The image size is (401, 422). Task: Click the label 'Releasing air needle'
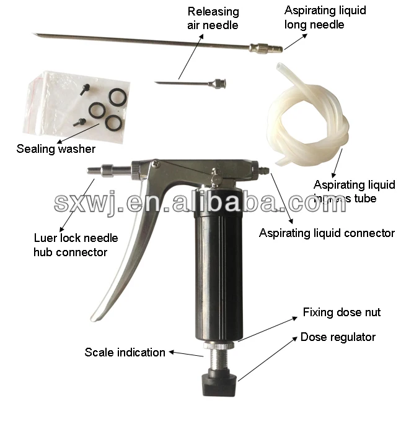(x=213, y=19)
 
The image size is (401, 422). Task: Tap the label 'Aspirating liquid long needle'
(x=325, y=17)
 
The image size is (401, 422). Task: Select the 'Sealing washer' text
(x=56, y=149)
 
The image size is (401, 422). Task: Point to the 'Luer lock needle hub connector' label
(x=75, y=244)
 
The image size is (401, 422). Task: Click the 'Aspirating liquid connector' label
(x=327, y=233)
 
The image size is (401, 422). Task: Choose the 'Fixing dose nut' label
(x=342, y=312)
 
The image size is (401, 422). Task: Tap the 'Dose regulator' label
(x=338, y=337)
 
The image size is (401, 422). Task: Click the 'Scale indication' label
(x=125, y=353)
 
